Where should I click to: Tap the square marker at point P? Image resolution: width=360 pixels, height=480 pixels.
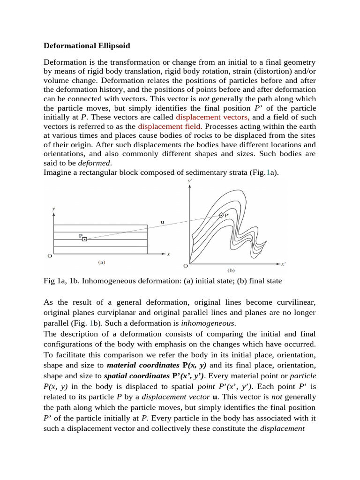click(84, 239)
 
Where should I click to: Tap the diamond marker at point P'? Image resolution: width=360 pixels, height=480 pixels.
click(221, 215)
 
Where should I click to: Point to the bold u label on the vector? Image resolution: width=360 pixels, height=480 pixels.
click(162, 223)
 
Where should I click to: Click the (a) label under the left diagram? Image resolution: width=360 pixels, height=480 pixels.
click(101, 262)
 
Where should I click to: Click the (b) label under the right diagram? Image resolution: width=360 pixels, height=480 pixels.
click(231, 270)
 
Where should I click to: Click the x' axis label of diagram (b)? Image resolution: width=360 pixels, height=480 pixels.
click(283, 264)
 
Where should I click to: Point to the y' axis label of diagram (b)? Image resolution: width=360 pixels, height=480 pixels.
click(189, 180)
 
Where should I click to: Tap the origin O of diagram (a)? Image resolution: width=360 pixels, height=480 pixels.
click(50, 256)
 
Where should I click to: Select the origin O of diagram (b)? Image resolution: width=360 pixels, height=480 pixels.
click(185, 266)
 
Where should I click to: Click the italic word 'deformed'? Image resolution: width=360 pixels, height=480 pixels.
click(97, 163)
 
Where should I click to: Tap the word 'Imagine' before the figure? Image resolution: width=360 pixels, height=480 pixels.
click(58, 172)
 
